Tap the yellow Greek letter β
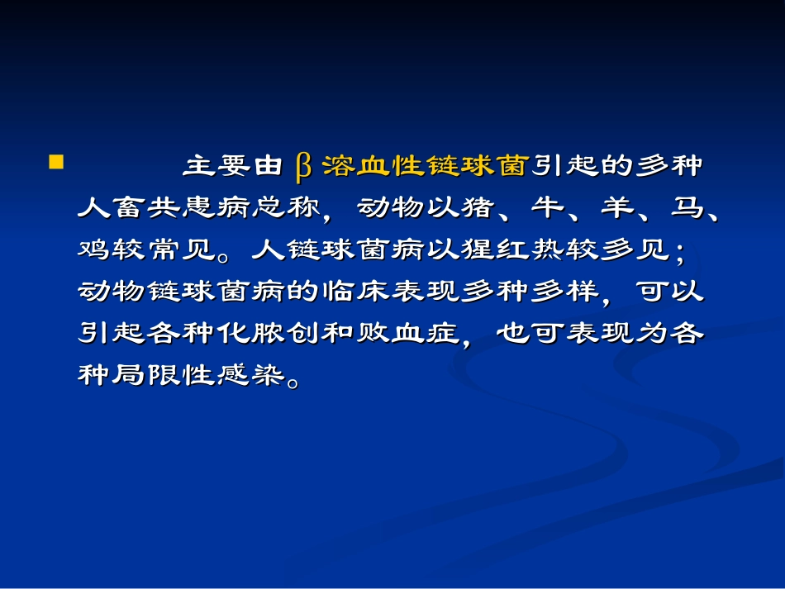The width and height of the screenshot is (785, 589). point(303,166)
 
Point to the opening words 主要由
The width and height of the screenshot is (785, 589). point(232,166)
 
